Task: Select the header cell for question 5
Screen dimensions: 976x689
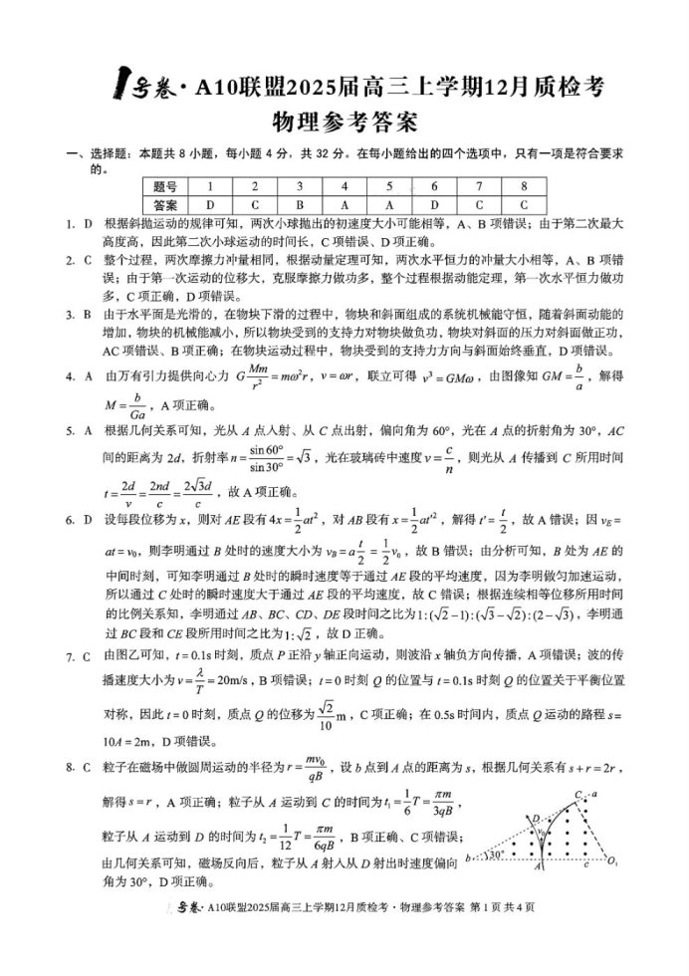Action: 388,185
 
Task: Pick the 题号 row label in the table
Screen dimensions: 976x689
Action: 165,185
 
